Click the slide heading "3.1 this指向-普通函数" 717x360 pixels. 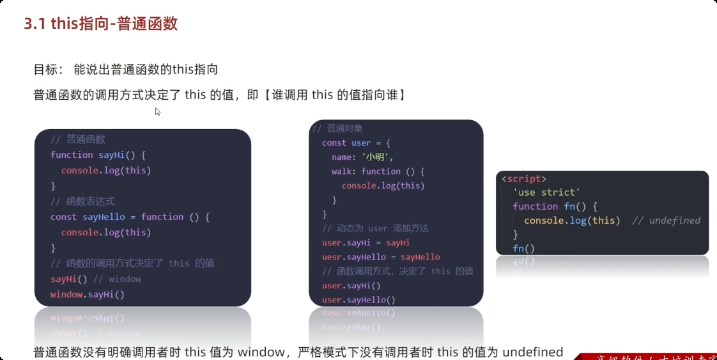[100, 24]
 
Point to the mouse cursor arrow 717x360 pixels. [157, 111]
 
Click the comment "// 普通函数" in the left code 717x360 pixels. [78, 139]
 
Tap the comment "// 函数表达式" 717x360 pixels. [82, 201]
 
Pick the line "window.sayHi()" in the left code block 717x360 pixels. [88, 294]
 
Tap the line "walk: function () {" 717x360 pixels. [378, 171]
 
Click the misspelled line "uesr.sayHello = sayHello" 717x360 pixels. [381, 257]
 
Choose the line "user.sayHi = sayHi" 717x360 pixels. [366, 243]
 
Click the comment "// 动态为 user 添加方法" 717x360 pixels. [375, 228]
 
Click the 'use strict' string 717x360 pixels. [546, 192]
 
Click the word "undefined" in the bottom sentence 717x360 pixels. [533, 352]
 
